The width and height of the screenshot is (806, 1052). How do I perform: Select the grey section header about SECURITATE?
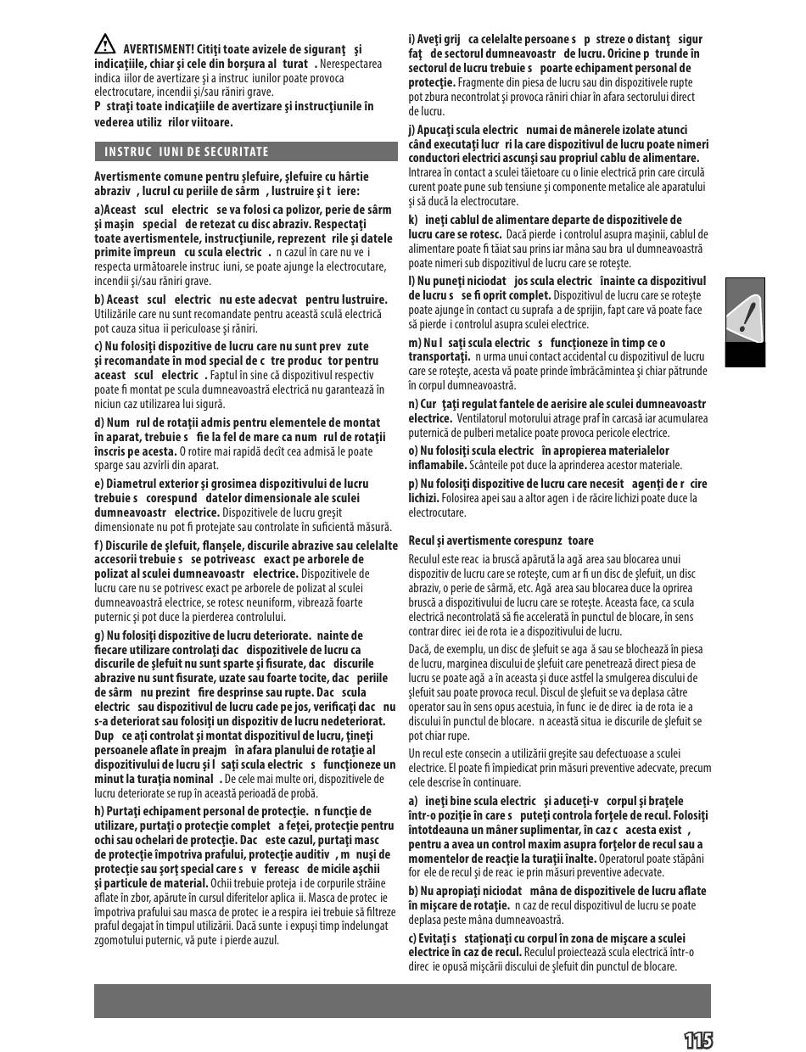click(245, 152)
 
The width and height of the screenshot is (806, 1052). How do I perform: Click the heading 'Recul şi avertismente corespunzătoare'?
click(501, 540)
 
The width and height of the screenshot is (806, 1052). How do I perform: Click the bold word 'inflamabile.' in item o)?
click(438, 465)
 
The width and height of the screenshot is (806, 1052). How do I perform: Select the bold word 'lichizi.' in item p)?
click(424, 498)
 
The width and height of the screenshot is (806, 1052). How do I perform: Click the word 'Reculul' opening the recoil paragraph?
click(427, 560)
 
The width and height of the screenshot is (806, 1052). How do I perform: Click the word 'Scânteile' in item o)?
click(492, 465)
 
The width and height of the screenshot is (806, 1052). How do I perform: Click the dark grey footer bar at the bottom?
click(402, 1000)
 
